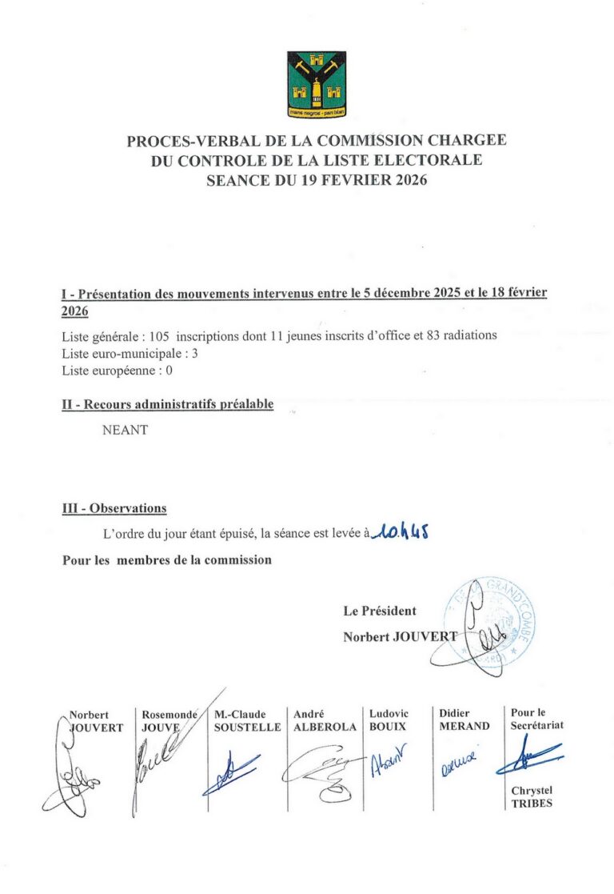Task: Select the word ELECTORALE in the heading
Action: coord(433,160)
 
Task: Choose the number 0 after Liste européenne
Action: coord(169,371)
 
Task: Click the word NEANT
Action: coord(126,430)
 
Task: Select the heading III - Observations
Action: coord(114,508)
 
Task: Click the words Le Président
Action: coord(380,611)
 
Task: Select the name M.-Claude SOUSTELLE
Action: coord(247,720)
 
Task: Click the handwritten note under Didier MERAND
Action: coord(458,768)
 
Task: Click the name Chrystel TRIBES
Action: coord(532,797)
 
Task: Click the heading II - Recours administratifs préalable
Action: coord(168,404)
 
